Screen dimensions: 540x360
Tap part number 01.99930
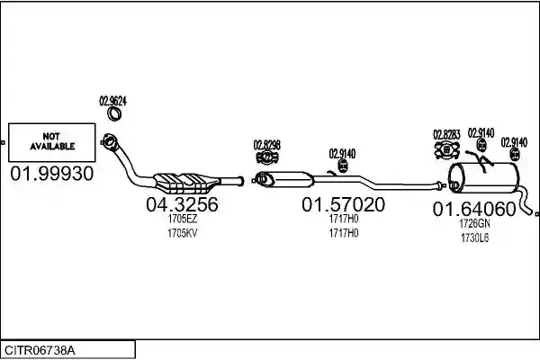tap(52, 174)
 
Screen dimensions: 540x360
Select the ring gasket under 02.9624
tap(114, 113)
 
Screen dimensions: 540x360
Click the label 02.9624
tap(113, 101)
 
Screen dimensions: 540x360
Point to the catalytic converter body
tap(186, 182)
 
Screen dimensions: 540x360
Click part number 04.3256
tap(182, 204)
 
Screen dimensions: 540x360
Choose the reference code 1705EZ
tap(183, 219)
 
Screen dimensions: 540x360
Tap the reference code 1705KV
tap(183, 233)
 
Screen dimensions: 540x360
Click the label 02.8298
tap(267, 145)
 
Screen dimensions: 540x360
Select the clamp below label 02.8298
tap(267, 157)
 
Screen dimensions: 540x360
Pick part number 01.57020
tap(344, 204)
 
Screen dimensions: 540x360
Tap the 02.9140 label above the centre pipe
tap(342, 154)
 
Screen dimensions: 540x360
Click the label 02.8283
tap(446, 135)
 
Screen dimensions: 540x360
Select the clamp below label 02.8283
tap(447, 150)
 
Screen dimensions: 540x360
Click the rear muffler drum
tap(483, 177)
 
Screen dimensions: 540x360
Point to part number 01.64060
tap(474, 209)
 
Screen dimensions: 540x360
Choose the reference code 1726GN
tap(474, 223)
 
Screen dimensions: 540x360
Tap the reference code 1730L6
tap(474, 238)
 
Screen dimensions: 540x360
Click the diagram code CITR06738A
tap(40, 351)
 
